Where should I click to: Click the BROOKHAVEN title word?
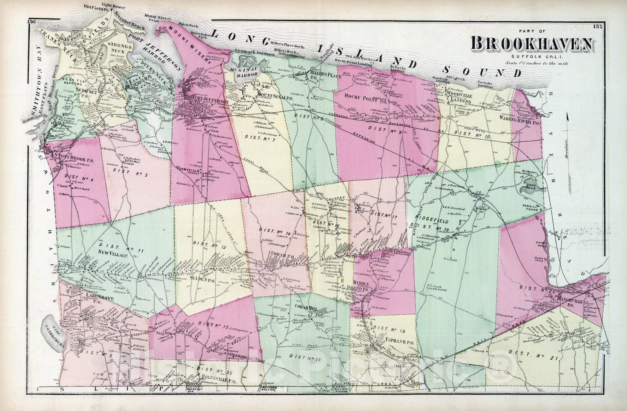tap(532, 44)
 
